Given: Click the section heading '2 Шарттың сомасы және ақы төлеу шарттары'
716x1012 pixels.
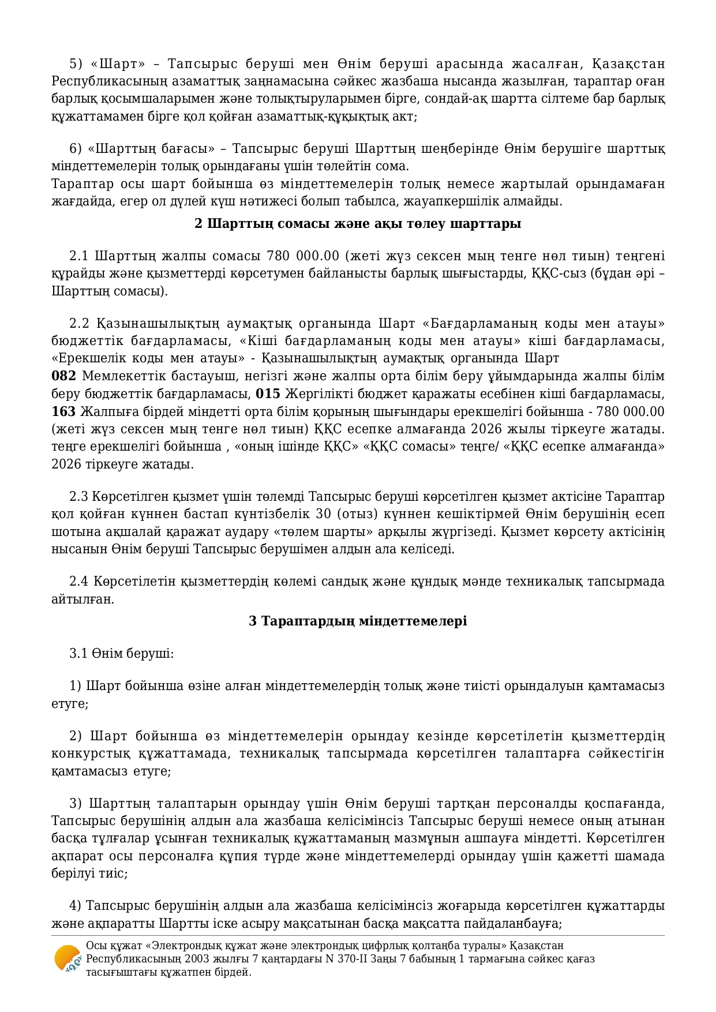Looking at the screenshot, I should pyautogui.click(x=358, y=223).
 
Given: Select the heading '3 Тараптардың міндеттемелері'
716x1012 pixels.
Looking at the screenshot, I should pyautogui.click(x=358, y=621).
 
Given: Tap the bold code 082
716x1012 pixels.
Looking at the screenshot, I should pyautogui.click(x=63, y=376).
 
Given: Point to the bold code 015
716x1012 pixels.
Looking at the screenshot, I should pyautogui.click(x=268, y=394).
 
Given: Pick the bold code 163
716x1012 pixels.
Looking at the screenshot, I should pyautogui.click(x=63, y=411).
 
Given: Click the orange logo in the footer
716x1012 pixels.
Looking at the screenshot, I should pyautogui.click(x=67, y=959).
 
